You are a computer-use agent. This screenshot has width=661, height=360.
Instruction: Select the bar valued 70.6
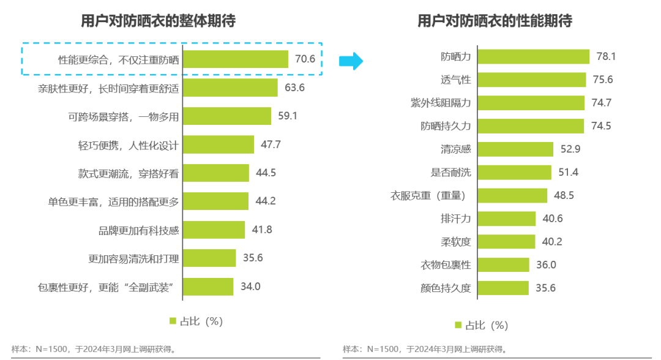[x=236, y=59]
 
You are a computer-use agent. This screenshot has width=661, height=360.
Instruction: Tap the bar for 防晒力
[x=533, y=56]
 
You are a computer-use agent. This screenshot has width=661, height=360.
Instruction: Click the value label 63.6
[x=294, y=88]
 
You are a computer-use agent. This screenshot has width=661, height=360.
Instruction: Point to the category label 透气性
[x=455, y=80]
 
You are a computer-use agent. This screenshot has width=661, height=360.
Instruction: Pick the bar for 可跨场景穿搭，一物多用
[x=227, y=116]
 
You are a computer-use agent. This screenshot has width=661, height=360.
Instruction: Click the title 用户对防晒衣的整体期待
[x=159, y=21]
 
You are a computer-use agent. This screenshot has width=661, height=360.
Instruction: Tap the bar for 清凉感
[x=515, y=149]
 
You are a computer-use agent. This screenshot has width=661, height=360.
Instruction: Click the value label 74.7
[x=601, y=103]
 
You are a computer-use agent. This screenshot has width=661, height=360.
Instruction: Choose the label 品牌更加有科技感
[x=139, y=230]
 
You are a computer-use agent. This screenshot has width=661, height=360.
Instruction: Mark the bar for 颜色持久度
[x=503, y=288]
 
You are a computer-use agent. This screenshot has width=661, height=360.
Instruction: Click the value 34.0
[x=250, y=287]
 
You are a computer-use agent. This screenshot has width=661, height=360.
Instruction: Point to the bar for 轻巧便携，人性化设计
[x=218, y=144]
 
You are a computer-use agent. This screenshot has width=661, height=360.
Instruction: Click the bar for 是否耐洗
[x=514, y=173]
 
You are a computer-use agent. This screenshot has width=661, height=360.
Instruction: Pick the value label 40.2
[x=552, y=242]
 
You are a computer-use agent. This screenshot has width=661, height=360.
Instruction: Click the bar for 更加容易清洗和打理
[x=209, y=258]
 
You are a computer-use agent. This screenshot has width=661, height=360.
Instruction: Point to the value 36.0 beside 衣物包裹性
[x=546, y=264]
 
